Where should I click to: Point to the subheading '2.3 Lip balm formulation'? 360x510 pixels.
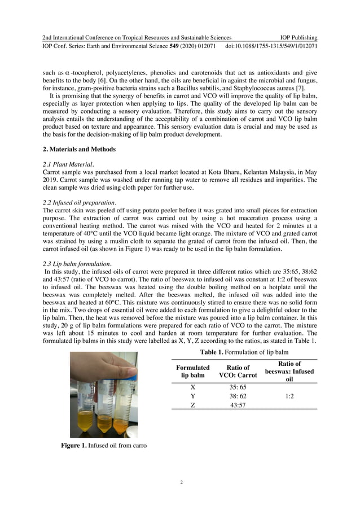pos(76,263)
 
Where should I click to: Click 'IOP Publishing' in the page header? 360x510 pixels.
pos(298,37)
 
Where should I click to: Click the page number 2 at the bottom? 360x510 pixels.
pos(181,482)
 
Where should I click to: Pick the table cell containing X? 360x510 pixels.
pos(193,387)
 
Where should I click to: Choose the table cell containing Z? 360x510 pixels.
pos(193,405)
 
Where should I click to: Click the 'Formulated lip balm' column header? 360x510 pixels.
pos(193,371)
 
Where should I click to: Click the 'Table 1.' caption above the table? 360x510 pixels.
pos(244,352)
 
